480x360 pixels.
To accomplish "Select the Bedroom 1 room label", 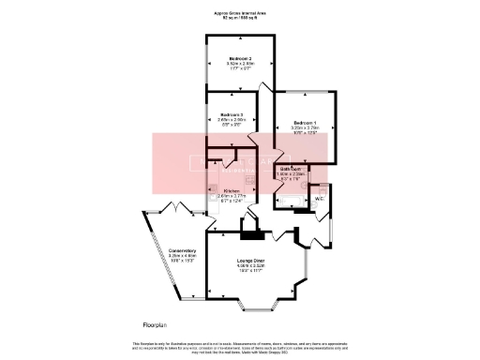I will (x=306, y=124).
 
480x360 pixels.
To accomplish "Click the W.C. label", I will (x=320, y=199).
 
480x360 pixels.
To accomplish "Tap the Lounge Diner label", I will (x=251, y=262).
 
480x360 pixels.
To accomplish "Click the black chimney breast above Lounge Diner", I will (x=249, y=225).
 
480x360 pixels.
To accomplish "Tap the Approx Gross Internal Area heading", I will (x=240, y=14).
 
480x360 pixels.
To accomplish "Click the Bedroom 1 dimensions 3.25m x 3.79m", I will (x=306, y=130).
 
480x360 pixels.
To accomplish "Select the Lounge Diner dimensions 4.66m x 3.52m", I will (x=251, y=267).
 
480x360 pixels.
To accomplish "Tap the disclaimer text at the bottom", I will (x=240, y=348).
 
